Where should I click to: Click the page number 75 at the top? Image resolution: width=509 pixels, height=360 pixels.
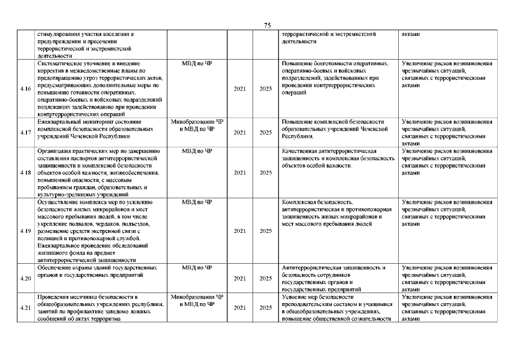pos(267,25)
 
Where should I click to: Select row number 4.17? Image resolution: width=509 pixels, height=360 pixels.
pos(25,133)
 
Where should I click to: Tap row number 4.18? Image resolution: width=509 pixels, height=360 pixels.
pos(25,172)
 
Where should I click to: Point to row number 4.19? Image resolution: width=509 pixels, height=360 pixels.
pos(25,231)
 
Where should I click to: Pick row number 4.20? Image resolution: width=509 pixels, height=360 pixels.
pos(25,278)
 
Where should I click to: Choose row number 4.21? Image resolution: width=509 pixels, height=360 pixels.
pos(25,308)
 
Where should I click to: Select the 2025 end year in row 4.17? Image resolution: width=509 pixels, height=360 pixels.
pos(265,133)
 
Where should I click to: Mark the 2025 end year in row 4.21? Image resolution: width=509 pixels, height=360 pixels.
pos(265,308)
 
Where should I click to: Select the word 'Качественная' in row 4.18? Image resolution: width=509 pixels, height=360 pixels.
pos(300,151)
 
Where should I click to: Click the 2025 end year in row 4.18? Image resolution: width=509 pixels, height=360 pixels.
pos(265,172)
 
